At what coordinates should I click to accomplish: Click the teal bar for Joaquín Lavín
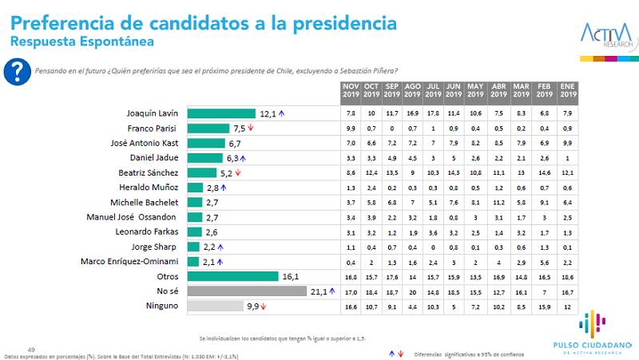point(220,113)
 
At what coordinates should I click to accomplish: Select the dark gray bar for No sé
point(247,291)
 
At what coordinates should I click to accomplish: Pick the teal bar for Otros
point(232,275)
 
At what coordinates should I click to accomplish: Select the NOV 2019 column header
point(351,90)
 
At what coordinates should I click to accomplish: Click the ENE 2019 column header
point(568,90)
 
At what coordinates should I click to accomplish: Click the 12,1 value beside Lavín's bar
point(267,113)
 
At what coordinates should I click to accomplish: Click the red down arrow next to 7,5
point(250,128)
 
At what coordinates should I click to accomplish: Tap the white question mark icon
point(14,70)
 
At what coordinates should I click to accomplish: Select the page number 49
point(32,349)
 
